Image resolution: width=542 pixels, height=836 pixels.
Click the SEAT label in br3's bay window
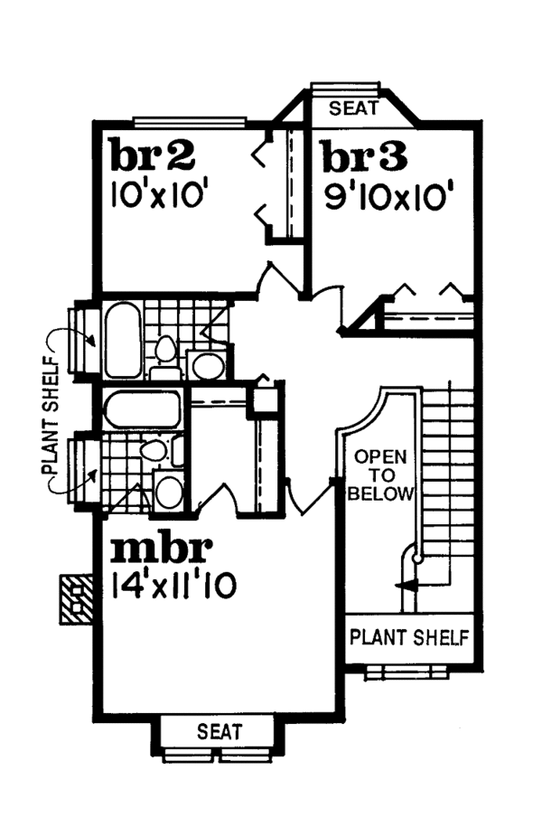click(x=347, y=109)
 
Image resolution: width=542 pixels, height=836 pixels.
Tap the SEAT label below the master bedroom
click(x=220, y=731)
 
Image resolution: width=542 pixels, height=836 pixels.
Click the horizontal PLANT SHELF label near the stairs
click(x=409, y=637)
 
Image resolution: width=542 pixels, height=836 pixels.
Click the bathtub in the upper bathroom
click(x=122, y=340)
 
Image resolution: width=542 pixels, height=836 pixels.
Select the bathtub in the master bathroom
click(x=144, y=409)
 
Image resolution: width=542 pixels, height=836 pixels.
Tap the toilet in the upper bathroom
click(x=164, y=351)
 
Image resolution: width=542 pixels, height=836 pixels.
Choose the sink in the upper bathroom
click(x=209, y=366)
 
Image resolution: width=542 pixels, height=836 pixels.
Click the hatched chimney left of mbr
click(x=76, y=599)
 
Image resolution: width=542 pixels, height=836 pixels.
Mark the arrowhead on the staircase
click(x=408, y=586)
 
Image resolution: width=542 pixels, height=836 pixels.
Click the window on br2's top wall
click(x=189, y=118)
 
